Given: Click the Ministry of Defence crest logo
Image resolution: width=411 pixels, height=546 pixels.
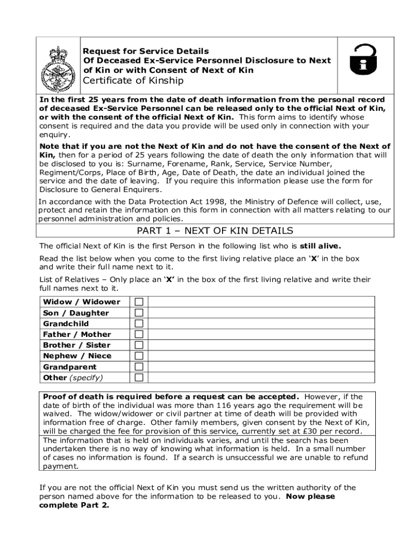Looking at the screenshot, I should pyautogui.click(x=58, y=69).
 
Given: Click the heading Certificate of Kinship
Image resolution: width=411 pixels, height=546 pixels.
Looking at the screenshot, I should pyautogui.click(x=133, y=81).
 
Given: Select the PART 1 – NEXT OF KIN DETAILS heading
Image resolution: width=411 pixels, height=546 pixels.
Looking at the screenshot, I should pyautogui.click(x=215, y=231).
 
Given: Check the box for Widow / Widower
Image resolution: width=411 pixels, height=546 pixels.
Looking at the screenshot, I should pyautogui.click(x=139, y=302).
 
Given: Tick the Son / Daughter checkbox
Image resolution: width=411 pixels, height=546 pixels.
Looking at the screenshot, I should pyautogui.click(x=139, y=312).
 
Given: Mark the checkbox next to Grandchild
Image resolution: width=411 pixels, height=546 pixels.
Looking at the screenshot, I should pyautogui.click(x=139, y=324).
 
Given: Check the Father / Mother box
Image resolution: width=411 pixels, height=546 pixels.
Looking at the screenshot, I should pyautogui.click(x=139, y=334).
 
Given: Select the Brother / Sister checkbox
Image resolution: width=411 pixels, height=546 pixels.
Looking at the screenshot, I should pyautogui.click(x=139, y=345).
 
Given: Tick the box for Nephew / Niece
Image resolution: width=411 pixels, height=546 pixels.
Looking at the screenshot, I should pyautogui.click(x=139, y=356).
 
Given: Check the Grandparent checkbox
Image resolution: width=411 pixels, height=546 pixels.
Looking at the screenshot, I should pyautogui.click(x=139, y=367).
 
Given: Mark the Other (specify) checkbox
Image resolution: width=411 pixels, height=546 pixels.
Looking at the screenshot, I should pyautogui.click(x=139, y=378).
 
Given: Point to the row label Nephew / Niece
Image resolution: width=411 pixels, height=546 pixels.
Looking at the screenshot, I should pyautogui.click(x=77, y=356).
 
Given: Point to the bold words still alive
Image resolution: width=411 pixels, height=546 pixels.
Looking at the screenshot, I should pyautogui.click(x=320, y=246).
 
